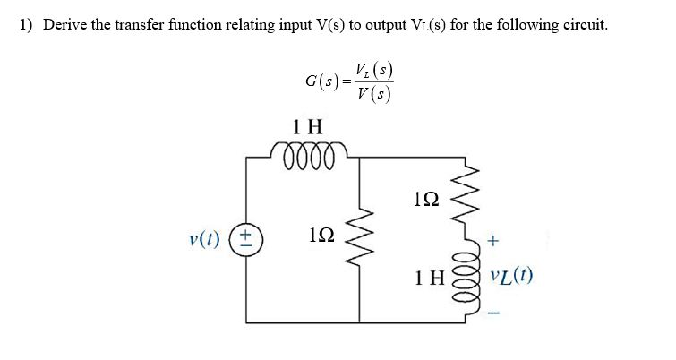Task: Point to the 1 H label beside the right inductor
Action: tap(430, 278)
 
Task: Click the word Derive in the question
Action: tap(64, 24)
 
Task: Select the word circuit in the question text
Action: tap(583, 24)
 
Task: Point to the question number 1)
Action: tap(26, 24)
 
